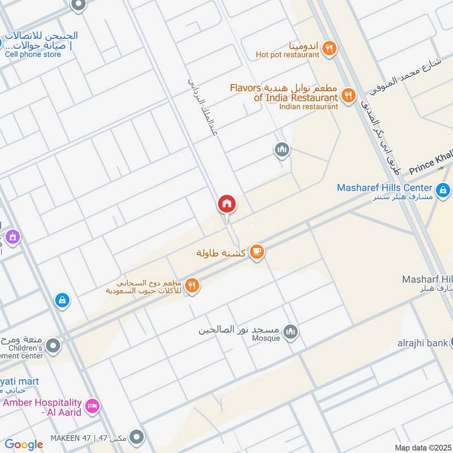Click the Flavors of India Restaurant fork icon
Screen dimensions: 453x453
pyautogui.click(x=349, y=95)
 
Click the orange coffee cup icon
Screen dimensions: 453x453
pyautogui.click(x=257, y=252)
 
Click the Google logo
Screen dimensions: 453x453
pyautogui.click(x=24, y=445)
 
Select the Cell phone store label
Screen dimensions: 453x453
pyautogui.click(x=32, y=54)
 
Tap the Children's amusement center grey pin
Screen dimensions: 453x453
pyautogui.click(x=53, y=345)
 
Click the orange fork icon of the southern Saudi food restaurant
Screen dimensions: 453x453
pyautogui.click(x=193, y=286)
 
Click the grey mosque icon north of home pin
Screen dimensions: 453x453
pyautogui.click(x=282, y=150)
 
